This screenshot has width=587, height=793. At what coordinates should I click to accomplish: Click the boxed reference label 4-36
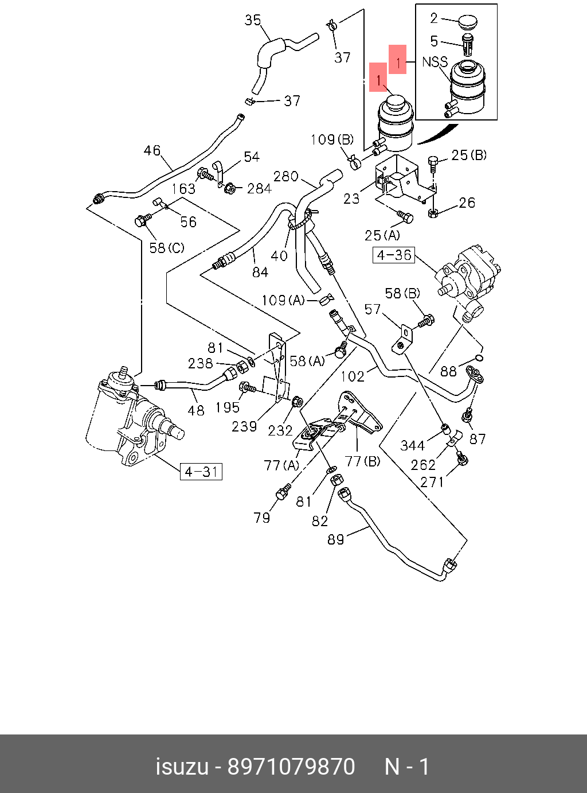tap(394, 255)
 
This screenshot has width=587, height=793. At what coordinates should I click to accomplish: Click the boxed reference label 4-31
tap(201, 472)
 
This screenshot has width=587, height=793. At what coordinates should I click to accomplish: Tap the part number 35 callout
tap(253, 20)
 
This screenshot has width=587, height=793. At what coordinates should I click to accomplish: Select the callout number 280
tap(285, 176)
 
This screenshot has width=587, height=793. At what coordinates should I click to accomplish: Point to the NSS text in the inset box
tap(435, 62)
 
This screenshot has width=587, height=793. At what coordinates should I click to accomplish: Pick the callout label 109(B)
tap(332, 139)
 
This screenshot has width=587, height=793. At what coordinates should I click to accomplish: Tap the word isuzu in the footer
tap(182, 767)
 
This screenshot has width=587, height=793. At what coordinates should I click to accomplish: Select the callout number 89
tap(336, 539)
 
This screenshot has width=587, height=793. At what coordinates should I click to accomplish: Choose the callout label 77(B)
tap(362, 461)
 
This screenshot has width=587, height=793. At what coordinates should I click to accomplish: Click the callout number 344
tap(412, 445)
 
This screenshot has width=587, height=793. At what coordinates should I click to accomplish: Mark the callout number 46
tap(152, 150)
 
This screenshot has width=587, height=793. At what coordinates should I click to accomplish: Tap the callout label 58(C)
tap(167, 248)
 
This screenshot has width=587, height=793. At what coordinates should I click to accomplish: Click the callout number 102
tap(353, 376)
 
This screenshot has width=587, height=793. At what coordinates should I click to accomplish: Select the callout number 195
tap(227, 407)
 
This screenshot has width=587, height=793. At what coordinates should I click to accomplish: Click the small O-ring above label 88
tap(480, 358)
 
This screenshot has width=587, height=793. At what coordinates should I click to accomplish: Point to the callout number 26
tap(467, 203)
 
